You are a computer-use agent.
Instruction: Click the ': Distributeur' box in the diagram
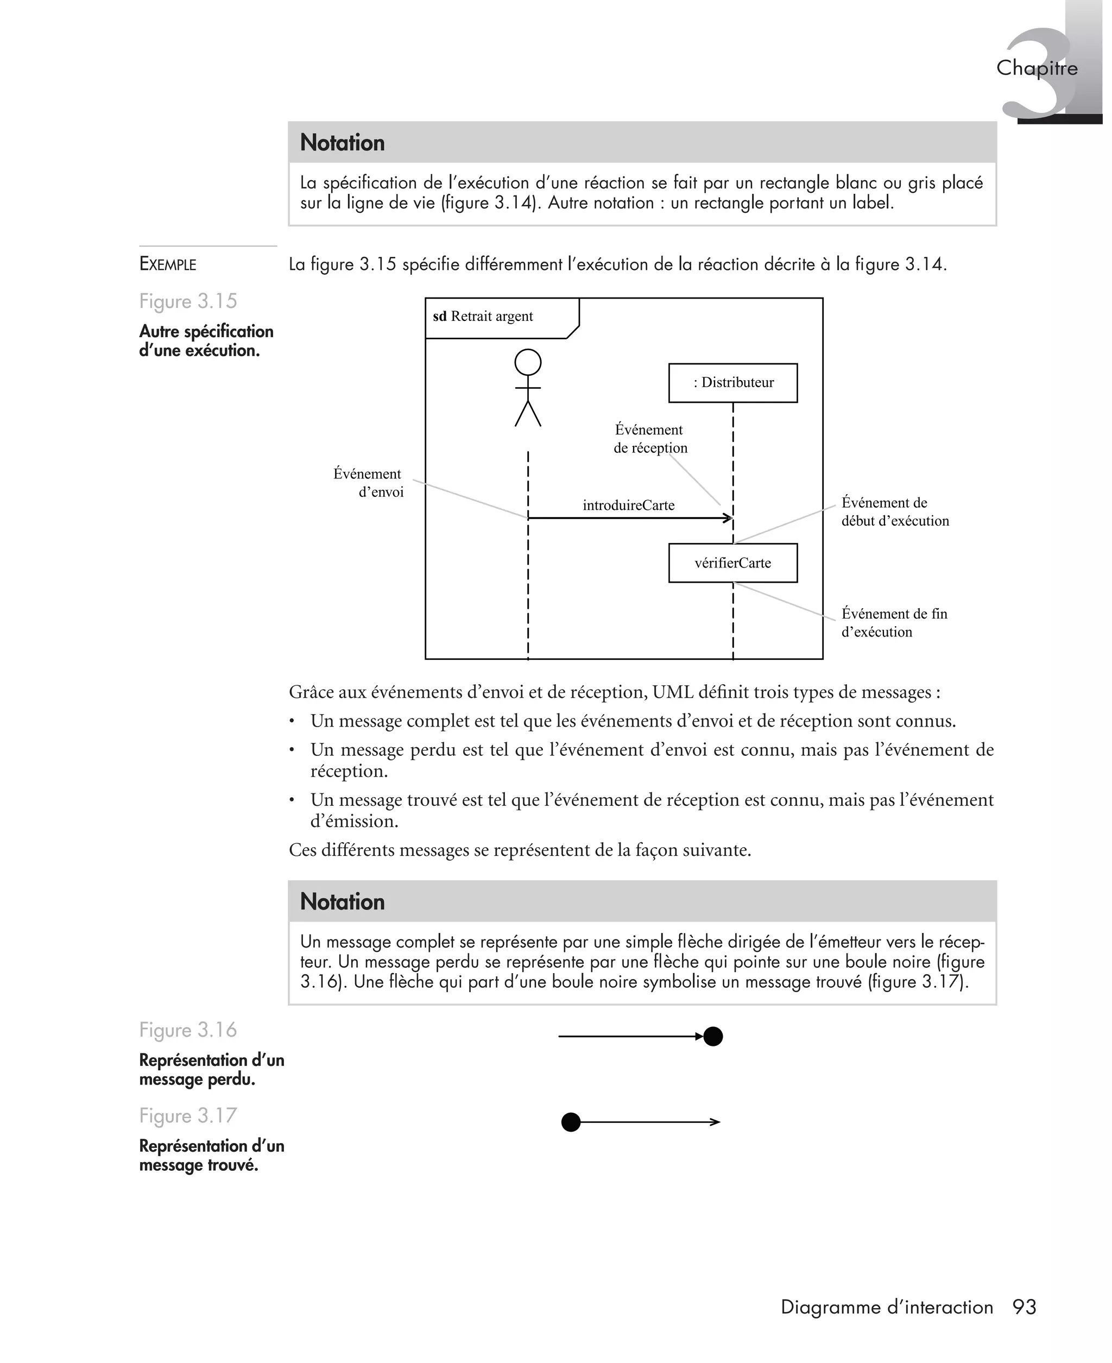733,382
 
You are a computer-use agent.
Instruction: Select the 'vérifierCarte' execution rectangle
733,563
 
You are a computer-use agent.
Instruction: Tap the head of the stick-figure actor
528,363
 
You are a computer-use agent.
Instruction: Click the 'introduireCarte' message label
628,506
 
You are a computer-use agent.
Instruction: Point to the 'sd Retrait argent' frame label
484,317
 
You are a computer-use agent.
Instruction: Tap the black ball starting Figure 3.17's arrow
571,1122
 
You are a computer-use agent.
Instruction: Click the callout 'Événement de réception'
649,439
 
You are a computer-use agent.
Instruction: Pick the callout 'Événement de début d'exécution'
894,512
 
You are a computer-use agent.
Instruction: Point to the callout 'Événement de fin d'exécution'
893,622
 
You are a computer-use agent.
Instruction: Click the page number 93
1024,1307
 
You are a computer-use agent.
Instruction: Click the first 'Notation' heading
342,143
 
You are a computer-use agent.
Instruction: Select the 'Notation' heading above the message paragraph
342,902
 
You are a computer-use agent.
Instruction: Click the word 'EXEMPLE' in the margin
168,264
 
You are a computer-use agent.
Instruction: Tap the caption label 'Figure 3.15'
188,301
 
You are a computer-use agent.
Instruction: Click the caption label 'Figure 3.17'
188,1116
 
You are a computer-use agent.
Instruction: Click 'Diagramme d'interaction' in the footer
887,1307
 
